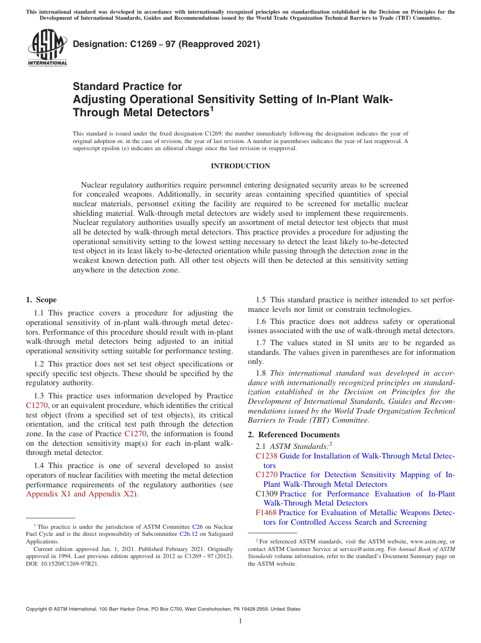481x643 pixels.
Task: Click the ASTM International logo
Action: click(x=47, y=48)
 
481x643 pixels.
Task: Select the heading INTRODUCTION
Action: click(x=240, y=166)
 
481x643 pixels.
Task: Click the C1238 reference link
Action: click(x=266, y=456)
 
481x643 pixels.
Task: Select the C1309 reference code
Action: click(x=266, y=494)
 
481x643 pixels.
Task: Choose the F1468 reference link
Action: click(x=266, y=513)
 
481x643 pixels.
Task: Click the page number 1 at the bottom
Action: click(x=240, y=621)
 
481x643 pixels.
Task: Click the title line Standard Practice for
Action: click(x=127, y=86)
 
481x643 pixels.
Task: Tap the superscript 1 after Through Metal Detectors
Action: click(x=212, y=108)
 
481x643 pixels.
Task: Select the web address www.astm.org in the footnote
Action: click(x=423, y=541)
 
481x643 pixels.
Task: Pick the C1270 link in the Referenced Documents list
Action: click(x=266, y=475)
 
